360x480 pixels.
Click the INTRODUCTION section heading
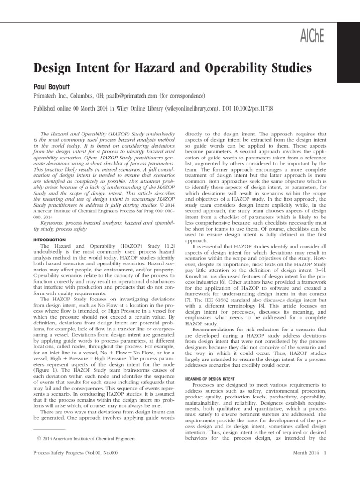pyautogui.click(x=48, y=239)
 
